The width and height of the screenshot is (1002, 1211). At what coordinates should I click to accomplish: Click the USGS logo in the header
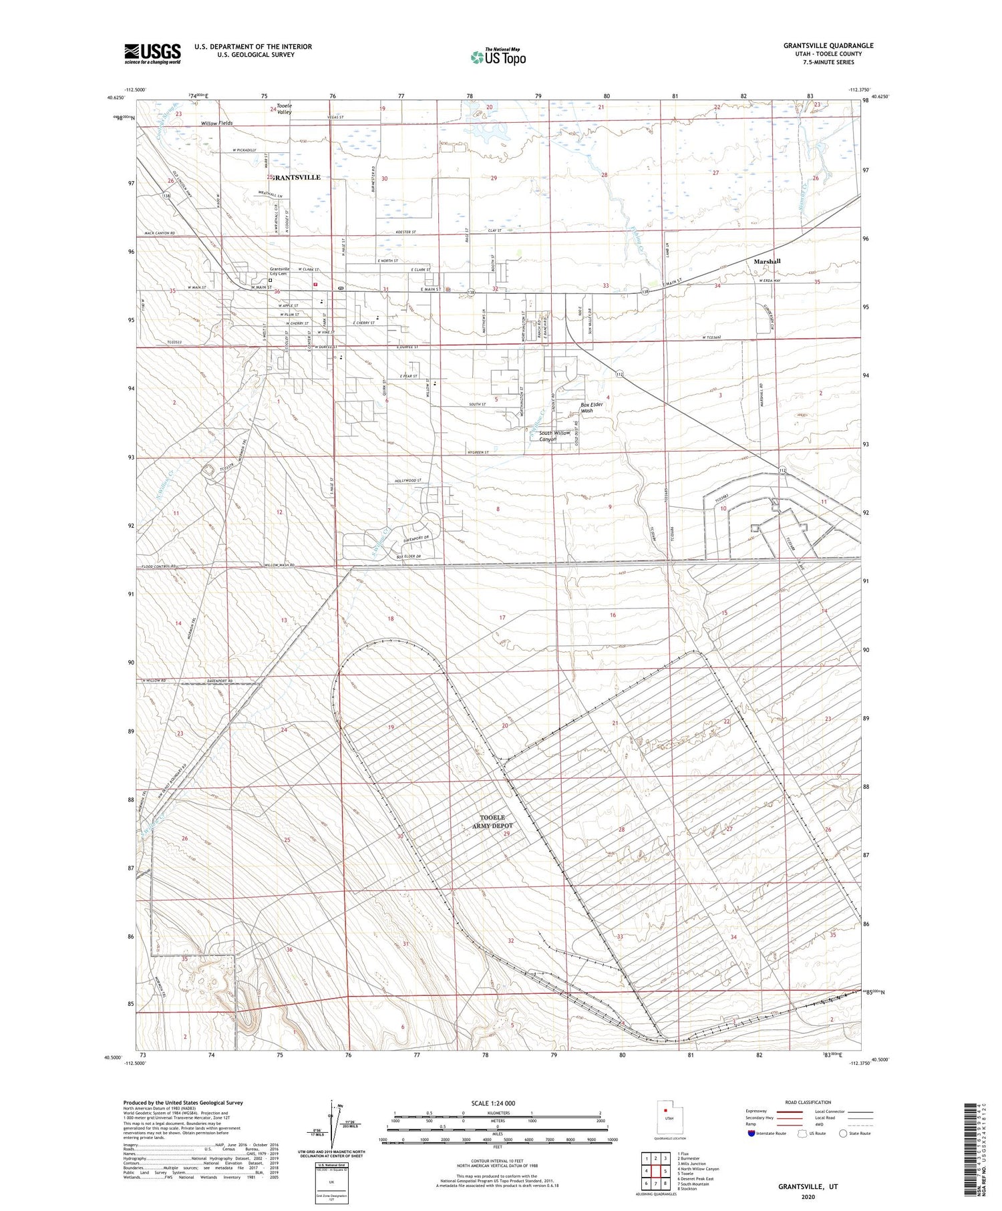click(x=152, y=53)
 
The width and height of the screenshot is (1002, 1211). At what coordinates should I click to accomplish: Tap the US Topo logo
click(x=498, y=57)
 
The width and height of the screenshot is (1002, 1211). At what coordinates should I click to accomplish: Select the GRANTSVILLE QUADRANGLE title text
click(x=828, y=45)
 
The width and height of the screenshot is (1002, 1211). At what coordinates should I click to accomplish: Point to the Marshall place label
click(x=767, y=261)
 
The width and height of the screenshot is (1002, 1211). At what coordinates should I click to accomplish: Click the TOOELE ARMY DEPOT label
click(x=493, y=822)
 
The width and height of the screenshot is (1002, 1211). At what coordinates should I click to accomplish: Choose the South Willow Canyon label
click(x=555, y=436)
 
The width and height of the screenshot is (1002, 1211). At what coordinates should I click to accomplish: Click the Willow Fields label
click(x=216, y=124)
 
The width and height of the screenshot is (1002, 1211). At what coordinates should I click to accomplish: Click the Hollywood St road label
click(x=407, y=481)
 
